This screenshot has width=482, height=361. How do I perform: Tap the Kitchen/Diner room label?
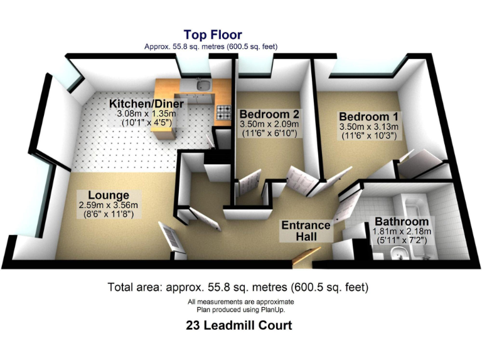pyautogui.click(x=146, y=103)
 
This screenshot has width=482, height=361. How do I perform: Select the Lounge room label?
pyautogui.click(x=104, y=195)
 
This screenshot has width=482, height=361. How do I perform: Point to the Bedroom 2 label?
pyautogui.click(x=269, y=115)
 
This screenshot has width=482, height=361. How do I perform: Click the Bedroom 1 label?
pyautogui.click(x=368, y=117)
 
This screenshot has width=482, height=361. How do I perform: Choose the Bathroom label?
pyautogui.click(x=402, y=222)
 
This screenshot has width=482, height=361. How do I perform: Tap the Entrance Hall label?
pyautogui.click(x=306, y=231)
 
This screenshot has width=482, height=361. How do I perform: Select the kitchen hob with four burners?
pyautogui.click(x=223, y=113)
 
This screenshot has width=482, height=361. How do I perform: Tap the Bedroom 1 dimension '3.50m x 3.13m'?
pyautogui.click(x=368, y=127)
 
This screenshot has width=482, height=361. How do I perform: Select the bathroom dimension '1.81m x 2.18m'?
pyautogui.click(x=401, y=232)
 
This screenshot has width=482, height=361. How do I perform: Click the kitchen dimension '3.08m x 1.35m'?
pyautogui.click(x=146, y=113)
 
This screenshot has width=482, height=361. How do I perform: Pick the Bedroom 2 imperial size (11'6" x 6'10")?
pyautogui.click(x=269, y=133)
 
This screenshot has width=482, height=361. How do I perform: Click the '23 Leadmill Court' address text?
pyautogui.click(x=238, y=326)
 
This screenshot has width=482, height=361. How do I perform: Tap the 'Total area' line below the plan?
pyautogui.click(x=238, y=288)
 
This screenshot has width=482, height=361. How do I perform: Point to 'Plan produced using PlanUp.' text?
pyautogui.click(x=240, y=310)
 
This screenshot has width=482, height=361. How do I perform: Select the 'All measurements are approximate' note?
pyautogui.click(x=240, y=302)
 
